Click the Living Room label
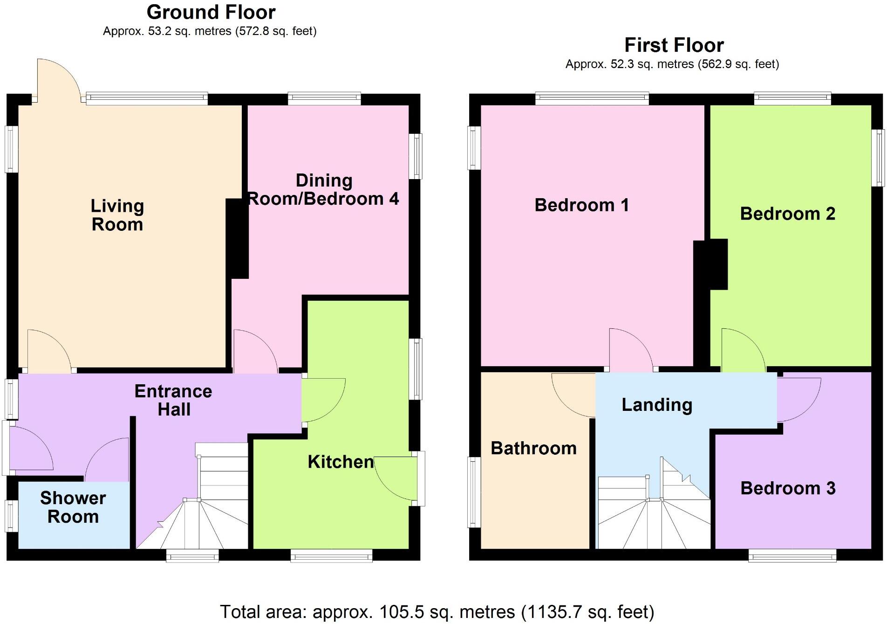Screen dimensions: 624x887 (117, 215)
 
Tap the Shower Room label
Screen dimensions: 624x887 (73, 507)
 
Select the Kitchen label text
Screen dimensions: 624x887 (341, 462)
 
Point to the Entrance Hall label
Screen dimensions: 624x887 (173, 400)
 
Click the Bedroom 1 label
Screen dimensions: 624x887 (581, 205)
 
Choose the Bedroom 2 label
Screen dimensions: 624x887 (787, 214)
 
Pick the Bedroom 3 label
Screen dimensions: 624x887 (788, 488)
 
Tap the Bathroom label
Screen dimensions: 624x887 (534, 448)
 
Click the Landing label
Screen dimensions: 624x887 (657, 405)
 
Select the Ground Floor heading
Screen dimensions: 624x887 (211, 12)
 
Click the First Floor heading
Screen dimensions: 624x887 (674, 45)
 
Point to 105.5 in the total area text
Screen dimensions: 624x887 (396, 611)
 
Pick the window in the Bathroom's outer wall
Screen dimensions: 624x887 (474, 492)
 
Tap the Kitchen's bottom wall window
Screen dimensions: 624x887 (332, 555)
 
